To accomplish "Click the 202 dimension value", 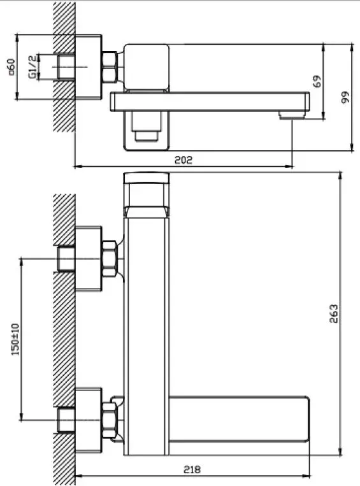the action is [184, 160].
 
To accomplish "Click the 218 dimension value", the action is [192, 469].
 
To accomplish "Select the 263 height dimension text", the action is [334, 313].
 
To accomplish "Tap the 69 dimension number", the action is [317, 82].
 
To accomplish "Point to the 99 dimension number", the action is [345, 97].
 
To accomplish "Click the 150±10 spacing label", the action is [15, 339].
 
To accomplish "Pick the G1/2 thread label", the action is [33, 67].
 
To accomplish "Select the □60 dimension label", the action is [11, 67].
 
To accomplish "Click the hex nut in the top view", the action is [110, 67].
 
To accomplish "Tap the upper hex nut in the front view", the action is [110, 259].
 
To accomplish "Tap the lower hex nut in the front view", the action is [110, 420].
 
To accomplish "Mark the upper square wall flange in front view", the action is [89, 259].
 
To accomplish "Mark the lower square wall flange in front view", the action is [89, 420].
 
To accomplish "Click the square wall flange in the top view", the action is [89, 68].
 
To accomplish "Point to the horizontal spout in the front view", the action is [240, 418].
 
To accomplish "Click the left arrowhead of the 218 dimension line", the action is [78, 476].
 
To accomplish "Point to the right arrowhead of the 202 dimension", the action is [290, 167].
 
